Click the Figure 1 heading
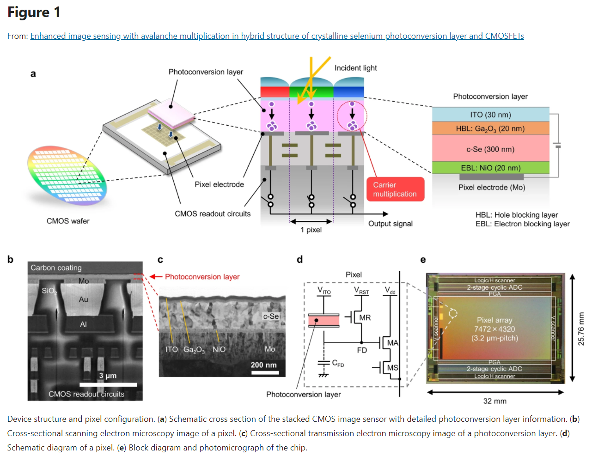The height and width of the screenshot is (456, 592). click(34, 12)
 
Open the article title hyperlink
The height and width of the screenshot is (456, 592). click(277, 36)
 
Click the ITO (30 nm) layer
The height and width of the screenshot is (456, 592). click(490, 115)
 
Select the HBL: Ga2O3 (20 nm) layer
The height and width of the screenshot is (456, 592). click(490, 128)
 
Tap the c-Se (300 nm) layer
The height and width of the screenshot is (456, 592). click(490, 149)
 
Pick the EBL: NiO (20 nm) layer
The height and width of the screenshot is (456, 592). click(490, 168)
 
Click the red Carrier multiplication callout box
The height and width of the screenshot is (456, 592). click(395, 189)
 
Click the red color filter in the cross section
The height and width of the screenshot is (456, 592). click(275, 91)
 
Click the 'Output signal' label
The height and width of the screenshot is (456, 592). click(390, 224)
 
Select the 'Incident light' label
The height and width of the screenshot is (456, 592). click(355, 68)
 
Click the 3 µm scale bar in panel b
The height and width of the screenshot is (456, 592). click(108, 384)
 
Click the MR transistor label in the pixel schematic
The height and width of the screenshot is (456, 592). click(365, 318)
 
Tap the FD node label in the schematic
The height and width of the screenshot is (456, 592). click(362, 350)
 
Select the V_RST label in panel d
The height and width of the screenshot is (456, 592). click(361, 291)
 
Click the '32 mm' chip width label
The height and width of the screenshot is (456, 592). click(494, 401)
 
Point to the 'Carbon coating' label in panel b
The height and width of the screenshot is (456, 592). click(56, 268)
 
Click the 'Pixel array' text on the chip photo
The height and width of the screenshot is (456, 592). click(494, 320)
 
